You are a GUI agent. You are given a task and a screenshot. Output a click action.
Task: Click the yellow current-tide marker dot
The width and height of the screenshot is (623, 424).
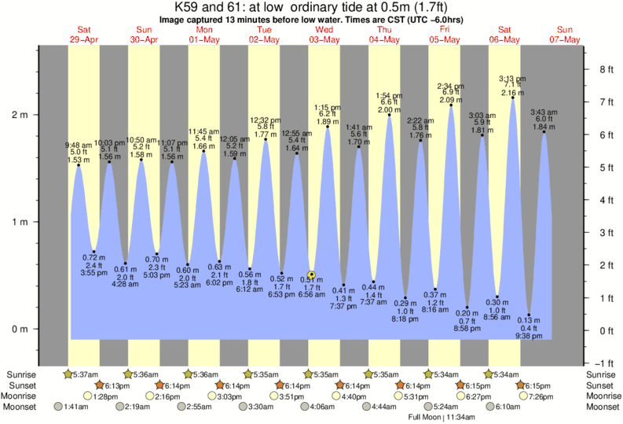point(311,275)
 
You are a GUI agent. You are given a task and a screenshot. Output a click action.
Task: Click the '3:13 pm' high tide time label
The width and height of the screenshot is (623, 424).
point(512,79)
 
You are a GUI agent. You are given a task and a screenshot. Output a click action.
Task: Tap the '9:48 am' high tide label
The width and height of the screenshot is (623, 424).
point(79,145)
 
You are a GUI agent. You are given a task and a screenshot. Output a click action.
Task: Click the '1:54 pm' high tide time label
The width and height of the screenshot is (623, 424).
point(390,95)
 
